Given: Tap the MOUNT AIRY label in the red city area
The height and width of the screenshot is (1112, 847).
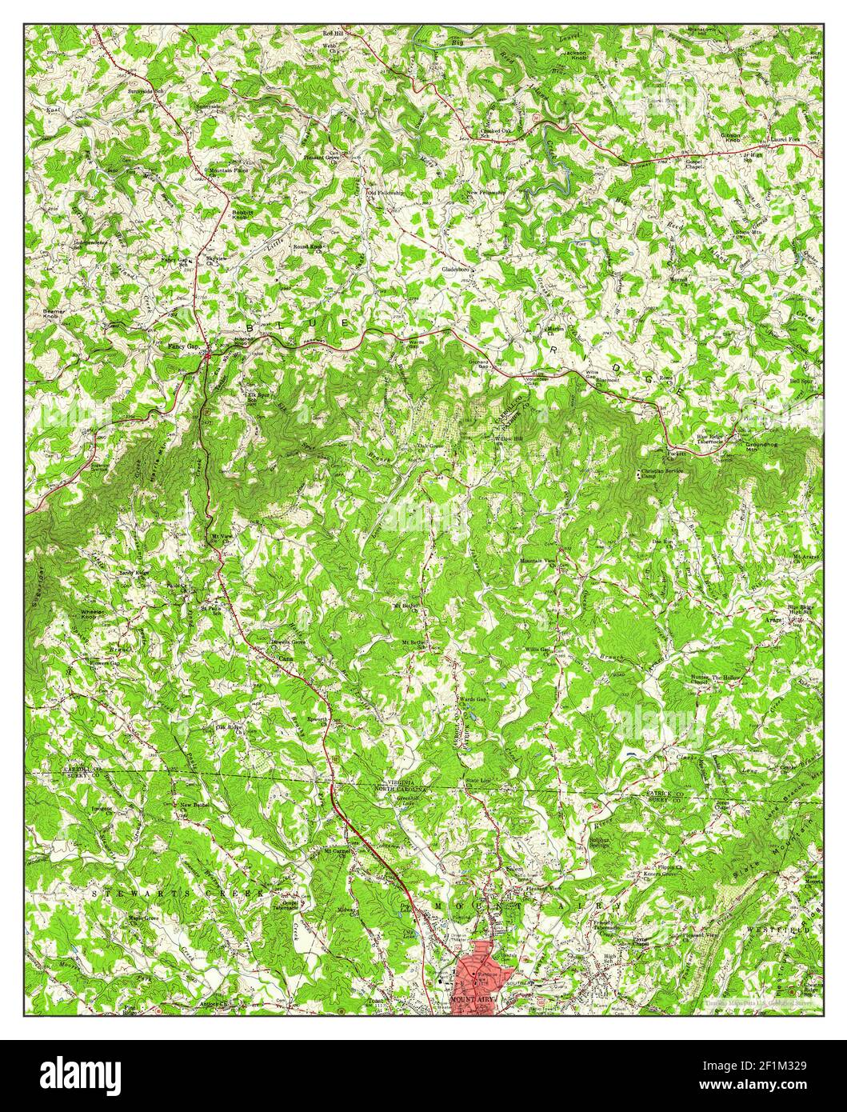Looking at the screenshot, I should (471, 1001).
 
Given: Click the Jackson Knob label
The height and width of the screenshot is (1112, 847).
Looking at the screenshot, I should (577, 56).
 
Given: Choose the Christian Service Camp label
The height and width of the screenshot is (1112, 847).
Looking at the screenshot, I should (658, 474).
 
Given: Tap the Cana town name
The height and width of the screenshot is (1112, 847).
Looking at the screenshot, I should (286, 658).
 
